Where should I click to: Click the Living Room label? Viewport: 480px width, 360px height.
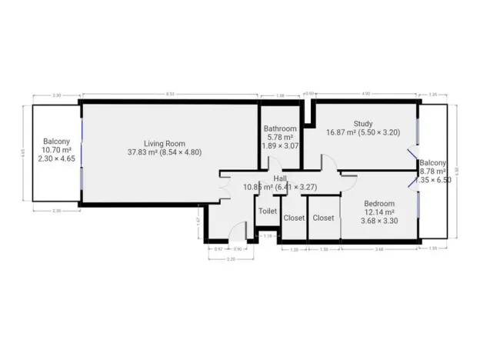coord(165,142)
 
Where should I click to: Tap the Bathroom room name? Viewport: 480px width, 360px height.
coord(279,128)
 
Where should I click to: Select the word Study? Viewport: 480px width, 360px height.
coord(363,124)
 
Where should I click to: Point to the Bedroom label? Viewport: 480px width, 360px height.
coord(378,203)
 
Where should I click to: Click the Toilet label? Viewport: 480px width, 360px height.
coord(268,211)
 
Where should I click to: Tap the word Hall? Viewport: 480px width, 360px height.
coord(280,178)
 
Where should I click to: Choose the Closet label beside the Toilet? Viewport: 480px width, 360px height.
coord(295,218)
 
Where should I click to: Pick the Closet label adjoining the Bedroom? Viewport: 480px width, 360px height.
coord(323,218)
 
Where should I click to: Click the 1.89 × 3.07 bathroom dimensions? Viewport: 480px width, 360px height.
coord(280,145)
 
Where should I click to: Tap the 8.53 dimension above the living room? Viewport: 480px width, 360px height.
coord(168,94)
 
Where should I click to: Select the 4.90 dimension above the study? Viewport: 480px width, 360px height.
coord(366,94)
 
